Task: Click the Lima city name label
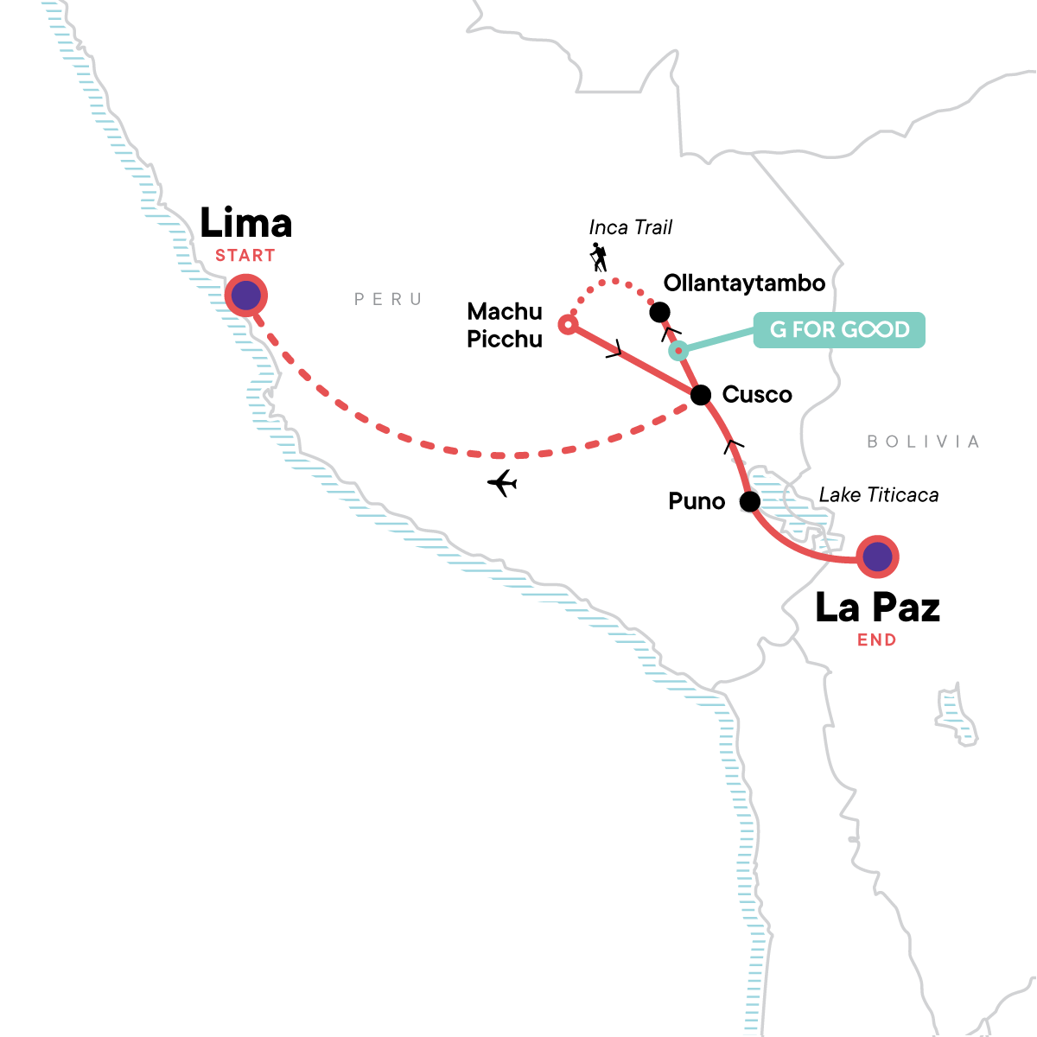click(x=246, y=223)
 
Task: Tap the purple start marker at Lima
click(x=246, y=296)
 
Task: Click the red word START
click(x=245, y=256)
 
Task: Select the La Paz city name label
click(x=877, y=608)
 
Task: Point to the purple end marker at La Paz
click(x=877, y=557)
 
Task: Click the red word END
click(x=876, y=640)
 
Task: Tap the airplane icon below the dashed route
click(x=502, y=483)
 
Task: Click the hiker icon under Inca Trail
click(x=598, y=257)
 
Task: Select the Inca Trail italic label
click(x=630, y=227)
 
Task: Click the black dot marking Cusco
click(x=702, y=395)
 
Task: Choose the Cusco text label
click(x=757, y=395)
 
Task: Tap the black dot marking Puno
click(x=750, y=501)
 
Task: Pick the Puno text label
click(x=697, y=501)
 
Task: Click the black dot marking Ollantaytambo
click(x=659, y=312)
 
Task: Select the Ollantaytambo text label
click(x=744, y=283)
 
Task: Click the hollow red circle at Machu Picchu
click(x=568, y=325)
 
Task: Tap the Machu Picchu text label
click(x=505, y=325)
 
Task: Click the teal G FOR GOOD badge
click(x=839, y=330)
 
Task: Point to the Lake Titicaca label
click(x=878, y=495)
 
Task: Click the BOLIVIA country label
click(x=923, y=442)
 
